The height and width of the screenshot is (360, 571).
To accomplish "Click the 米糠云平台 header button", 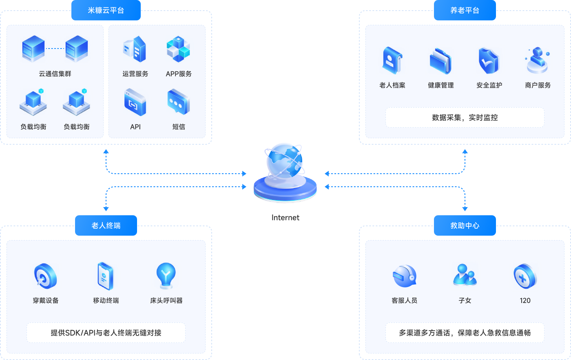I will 106,11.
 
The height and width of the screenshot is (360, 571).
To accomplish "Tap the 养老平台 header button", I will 465,11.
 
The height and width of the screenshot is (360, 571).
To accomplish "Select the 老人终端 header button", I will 106,225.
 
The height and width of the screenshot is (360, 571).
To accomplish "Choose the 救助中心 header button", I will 465,225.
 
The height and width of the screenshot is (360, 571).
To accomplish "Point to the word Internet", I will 285,218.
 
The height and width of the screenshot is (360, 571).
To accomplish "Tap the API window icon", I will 135,102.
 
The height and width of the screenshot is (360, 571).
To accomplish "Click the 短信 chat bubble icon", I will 178,102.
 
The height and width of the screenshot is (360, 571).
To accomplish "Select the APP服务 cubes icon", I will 178,49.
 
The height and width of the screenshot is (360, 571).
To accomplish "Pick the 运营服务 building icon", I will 135,49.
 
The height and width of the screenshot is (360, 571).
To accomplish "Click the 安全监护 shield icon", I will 489,61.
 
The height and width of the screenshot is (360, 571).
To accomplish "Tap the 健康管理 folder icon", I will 440,61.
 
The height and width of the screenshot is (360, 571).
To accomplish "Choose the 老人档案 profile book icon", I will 392,61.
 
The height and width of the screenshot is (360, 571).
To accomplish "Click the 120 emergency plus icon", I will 525,276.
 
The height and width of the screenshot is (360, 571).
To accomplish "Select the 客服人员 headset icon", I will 404,276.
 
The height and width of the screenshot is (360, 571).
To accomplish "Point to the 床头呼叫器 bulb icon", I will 166,276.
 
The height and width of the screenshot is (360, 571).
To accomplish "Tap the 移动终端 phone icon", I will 106,276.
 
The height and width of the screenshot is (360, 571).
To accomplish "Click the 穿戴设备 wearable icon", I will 46,276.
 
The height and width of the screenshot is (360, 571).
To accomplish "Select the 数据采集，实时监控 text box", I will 465,117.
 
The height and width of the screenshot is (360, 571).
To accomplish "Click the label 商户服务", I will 538,85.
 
